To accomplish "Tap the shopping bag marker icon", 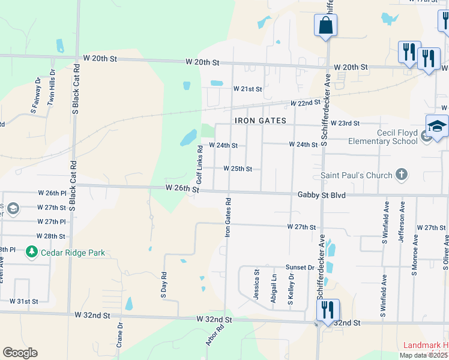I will coord(325,25).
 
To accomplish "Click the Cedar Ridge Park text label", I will coord(73,253).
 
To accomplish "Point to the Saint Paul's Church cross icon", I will coord(402,175).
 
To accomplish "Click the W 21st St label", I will coord(248,89).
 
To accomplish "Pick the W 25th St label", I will coord(238,169).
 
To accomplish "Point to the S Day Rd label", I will coord(163,286).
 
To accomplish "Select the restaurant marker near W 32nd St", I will coord(327,311).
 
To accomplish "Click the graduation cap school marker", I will coord(437,127).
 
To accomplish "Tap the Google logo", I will coord(20,353).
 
